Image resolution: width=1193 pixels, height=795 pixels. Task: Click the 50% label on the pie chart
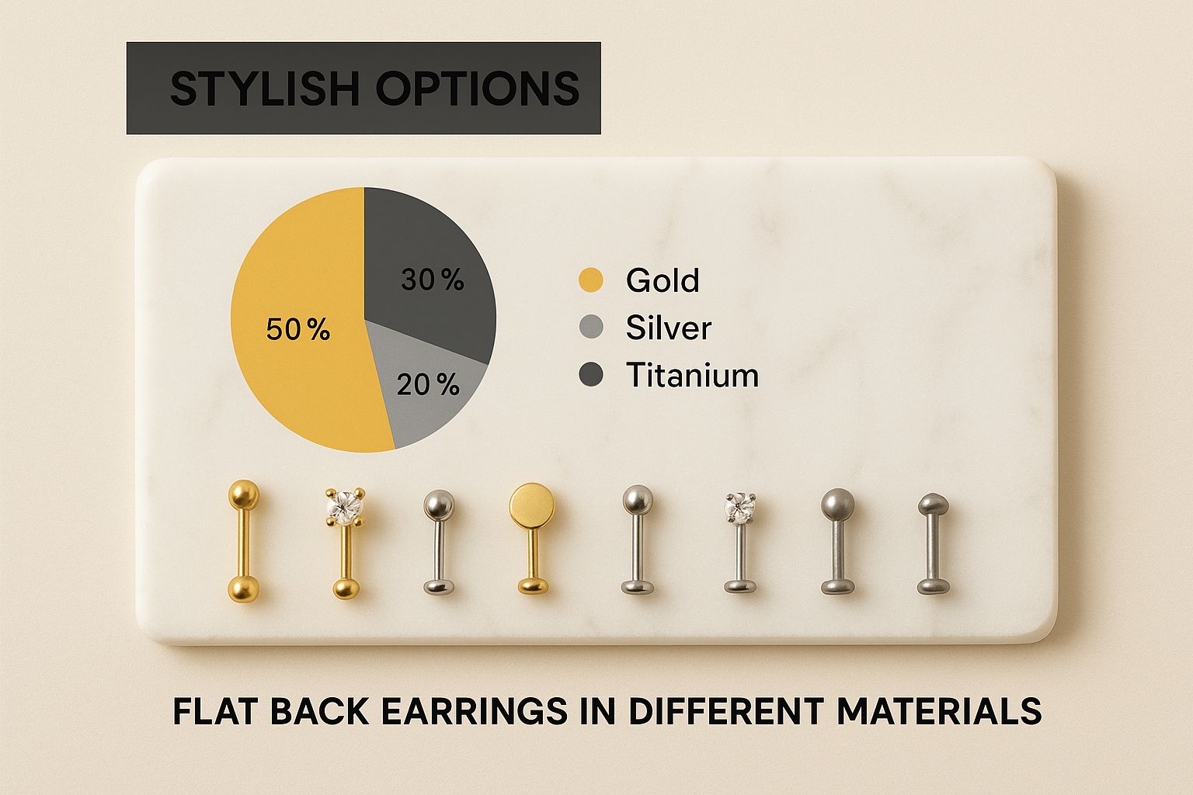297,330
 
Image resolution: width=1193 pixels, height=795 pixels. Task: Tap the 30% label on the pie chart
432,279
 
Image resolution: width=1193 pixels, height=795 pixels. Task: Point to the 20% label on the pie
427,385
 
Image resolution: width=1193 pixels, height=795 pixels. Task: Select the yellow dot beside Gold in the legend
591,280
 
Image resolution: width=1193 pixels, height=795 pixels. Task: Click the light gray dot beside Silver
591,328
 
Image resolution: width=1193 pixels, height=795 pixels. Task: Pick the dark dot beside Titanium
591,376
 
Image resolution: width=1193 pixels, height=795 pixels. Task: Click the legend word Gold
663,280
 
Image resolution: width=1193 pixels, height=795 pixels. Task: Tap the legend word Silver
668,328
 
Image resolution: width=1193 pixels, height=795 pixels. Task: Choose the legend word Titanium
692,376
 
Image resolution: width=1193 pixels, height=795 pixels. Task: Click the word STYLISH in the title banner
264,89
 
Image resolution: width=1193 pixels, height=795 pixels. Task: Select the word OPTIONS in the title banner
477,89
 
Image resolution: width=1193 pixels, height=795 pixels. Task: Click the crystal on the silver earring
739,508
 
